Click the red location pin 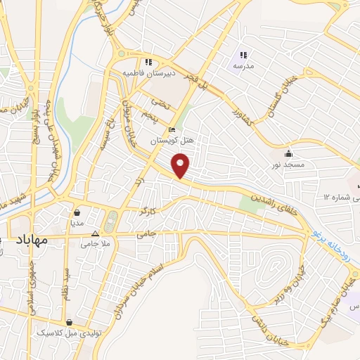pos(181,166)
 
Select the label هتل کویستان pos(172,141)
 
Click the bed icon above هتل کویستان pos(172,130)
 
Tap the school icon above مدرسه pos(243,55)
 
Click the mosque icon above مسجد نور pos(288,154)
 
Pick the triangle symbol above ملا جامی pos(96,234)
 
